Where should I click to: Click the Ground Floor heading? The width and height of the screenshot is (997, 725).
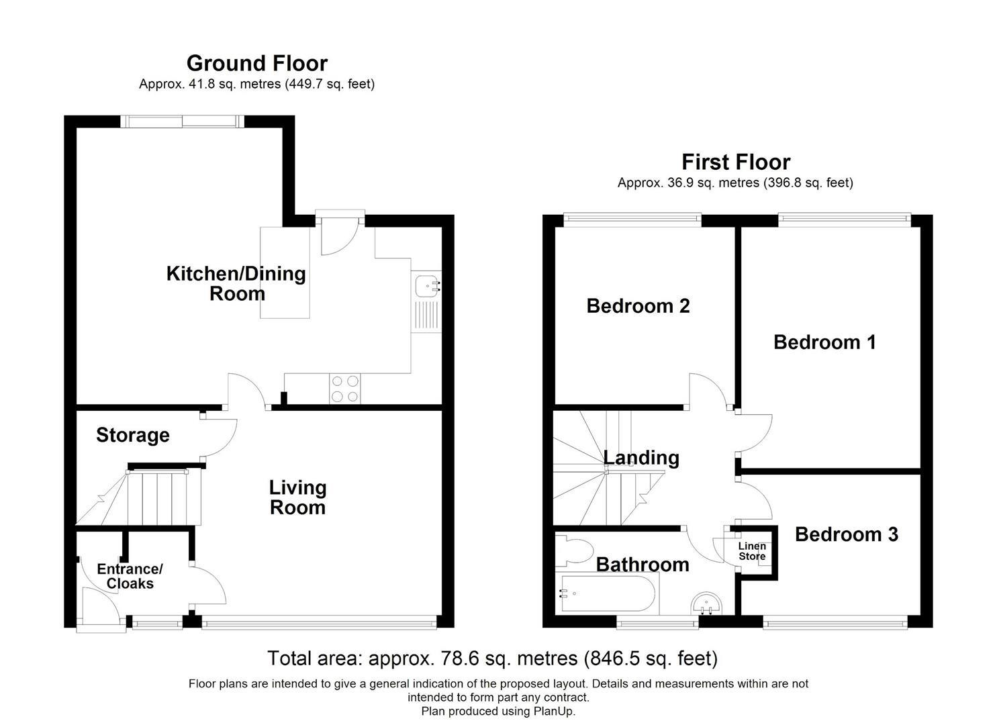pyautogui.click(x=257, y=63)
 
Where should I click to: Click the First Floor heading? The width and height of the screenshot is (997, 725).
pyautogui.click(x=736, y=162)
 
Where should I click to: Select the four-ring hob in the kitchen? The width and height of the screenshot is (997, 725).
pyautogui.click(x=345, y=389)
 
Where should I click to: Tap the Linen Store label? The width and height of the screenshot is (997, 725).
pyautogui.click(x=752, y=551)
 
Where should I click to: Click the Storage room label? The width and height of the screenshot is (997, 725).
pyautogui.click(x=133, y=435)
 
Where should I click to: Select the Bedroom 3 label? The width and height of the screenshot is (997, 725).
pyautogui.click(x=847, y=534)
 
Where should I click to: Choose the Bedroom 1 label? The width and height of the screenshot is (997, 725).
pyautogui.click(x=824, y=342)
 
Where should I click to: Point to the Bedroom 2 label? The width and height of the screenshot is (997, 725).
pyautogui.click(x=638, y=305)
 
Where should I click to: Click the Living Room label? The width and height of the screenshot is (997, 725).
pyautogui.click(x=298, y=497)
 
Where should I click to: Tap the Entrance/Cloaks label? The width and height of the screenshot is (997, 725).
pyautogui.click(x=130, y=576)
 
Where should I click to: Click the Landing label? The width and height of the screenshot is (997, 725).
pyautogui.click(x=641, y=458)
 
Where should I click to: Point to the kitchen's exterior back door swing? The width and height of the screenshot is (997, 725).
pyautogui.click(x=340, y=236)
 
